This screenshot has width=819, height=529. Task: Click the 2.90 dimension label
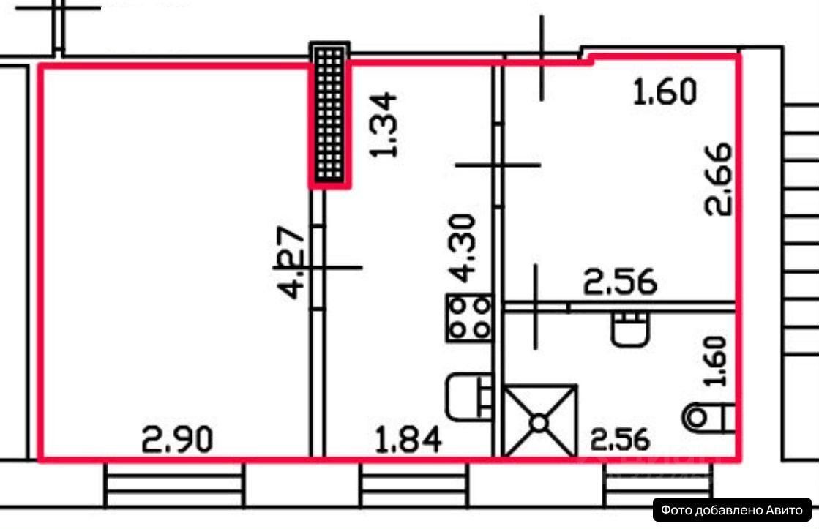tap(178, 440)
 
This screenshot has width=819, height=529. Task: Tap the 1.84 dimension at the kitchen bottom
tap(408, 440)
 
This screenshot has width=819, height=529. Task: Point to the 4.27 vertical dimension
tap(291, 262)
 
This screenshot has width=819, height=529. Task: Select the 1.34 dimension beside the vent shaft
tap(384, 125)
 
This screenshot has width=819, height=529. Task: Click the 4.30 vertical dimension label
tap(463, 248)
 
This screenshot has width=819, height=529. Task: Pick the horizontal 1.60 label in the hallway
tap(665, 91)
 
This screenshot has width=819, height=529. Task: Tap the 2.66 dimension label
tap(719, 179)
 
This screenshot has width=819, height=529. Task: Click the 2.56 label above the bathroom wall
tap(620, 282)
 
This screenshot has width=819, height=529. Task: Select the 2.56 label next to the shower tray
tap(621, 439)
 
